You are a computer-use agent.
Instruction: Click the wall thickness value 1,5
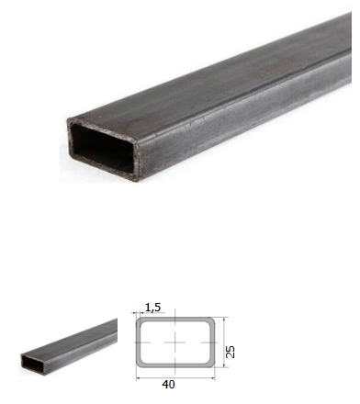pyautogui.click(x=152, y=307)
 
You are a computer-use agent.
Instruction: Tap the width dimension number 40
pyautogui.click(x=168, y=385)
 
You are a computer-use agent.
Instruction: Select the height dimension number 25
pyautogui.click(x=231, y=352)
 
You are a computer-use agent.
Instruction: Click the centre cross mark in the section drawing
pyautogui.click(x=174, y=342)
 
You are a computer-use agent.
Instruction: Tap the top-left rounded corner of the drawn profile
pyautogui.click(x=140, y=320)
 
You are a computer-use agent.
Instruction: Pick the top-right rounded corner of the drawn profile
pyautogui.click(x=211, y=320)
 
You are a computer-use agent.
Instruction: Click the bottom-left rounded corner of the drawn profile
pyautogui.click(x=140, y=364)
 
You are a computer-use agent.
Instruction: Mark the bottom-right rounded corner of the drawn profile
pyautogui.click(x=211, y=364)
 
